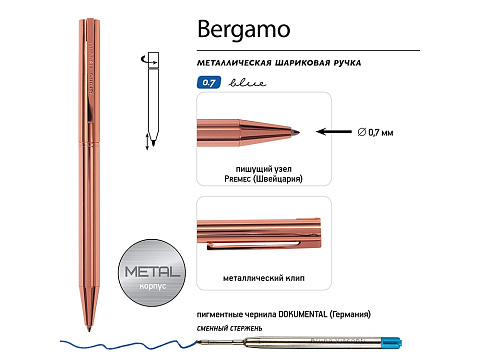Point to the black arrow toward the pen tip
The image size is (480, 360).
tap(334, 131)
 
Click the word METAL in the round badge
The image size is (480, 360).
tap(153, 271)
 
